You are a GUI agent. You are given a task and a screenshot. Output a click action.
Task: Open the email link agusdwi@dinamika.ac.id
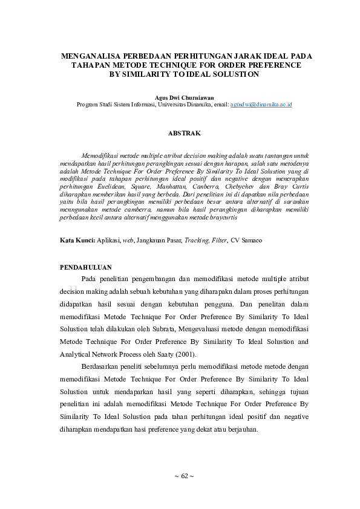click(261, 105)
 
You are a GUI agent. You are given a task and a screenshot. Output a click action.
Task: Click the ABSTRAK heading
click(184, 132)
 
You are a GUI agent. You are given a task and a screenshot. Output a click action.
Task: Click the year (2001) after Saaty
click(185, 354)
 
